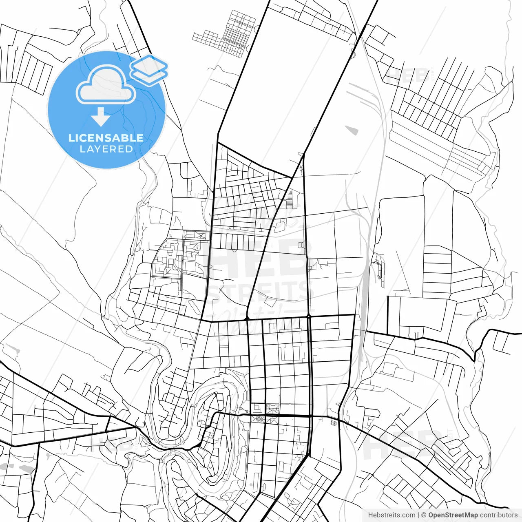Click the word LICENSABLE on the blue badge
pyautogui.click(x=106, y=138)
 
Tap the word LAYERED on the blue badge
pyautogui.click(x=106, y=149)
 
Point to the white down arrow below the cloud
pyautogui.click(x=100, y=117)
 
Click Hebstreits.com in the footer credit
pyautogui.click(x=391, y=515)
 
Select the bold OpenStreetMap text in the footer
pyautogui.click(x=453, y=515)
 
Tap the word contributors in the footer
pyautogui.click(x=499, y=515)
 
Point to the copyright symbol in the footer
pyautogui.click(x=424, y=515)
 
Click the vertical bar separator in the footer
pyautogui.click(x=419, y=515)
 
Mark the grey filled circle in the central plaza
pyautogui.click(x=259, y=419)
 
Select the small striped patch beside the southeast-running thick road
pyautogui.click(x=334, y=422)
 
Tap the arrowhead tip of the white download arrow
pyautogui.click(x=100, y=125)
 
